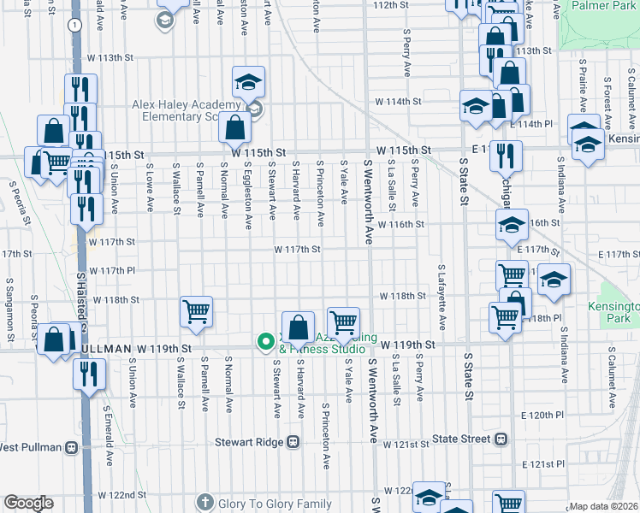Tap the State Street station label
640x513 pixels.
[461, 439]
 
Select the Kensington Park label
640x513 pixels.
[613, 310]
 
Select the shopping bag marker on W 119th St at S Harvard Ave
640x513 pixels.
[297, 327]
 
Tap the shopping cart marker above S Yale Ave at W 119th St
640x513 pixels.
[343, 321]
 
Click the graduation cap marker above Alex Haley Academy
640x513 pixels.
[249, 82]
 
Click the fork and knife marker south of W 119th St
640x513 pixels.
[88, 374]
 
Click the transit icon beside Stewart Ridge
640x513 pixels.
[293, 442]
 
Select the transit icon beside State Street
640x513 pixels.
[501, 439]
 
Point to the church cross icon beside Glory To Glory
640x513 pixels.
[204, 502]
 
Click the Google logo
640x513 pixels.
[28, 503]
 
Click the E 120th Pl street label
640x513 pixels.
[544, 414]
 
